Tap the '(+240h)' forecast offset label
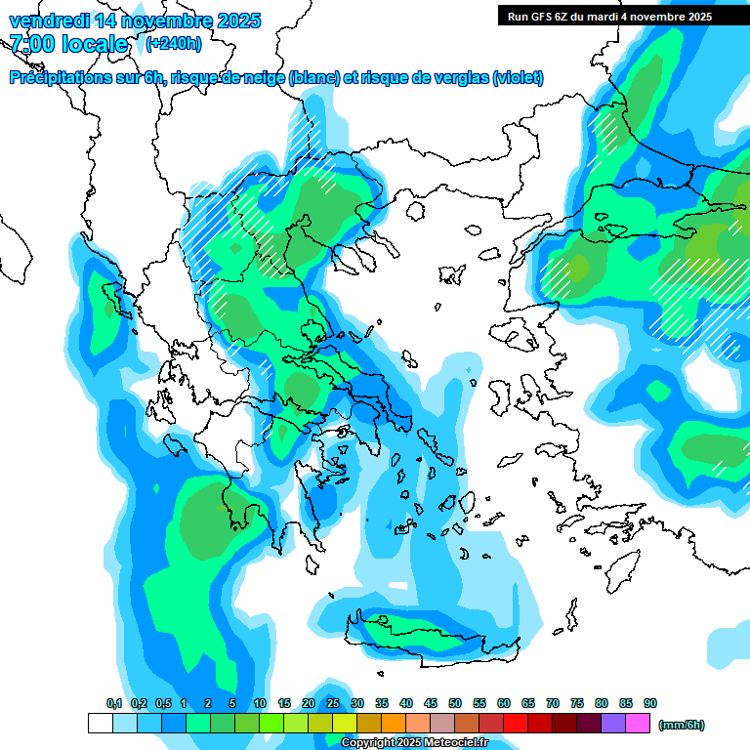174,43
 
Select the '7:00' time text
31,44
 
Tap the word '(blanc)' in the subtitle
314,78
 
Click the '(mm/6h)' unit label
681,725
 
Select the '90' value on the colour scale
650,703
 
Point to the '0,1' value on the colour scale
113,703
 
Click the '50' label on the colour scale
455,703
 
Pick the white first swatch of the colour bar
100,724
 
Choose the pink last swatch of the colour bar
638,724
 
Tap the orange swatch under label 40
394,724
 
